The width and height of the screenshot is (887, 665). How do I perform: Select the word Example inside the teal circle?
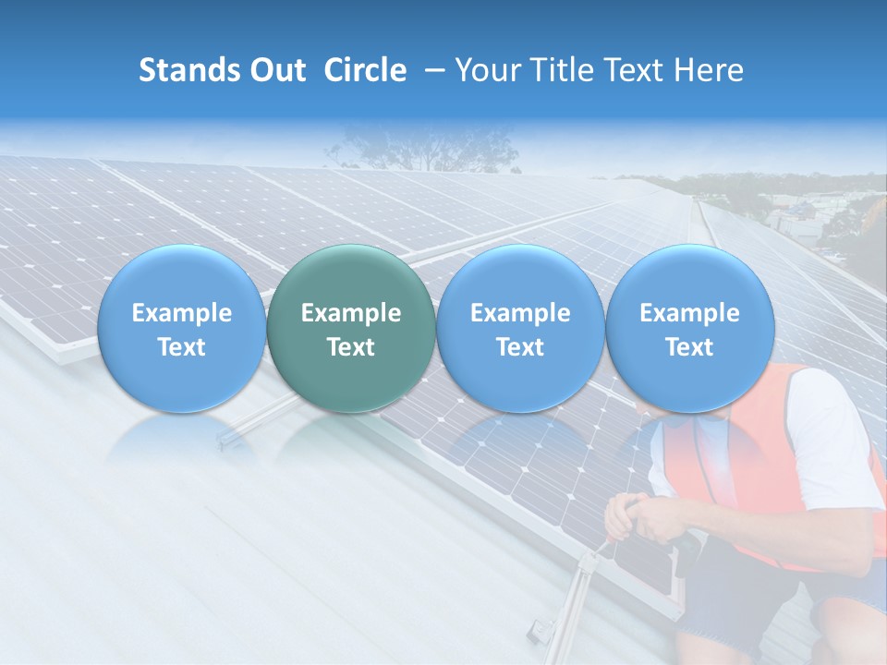tap(351, 313)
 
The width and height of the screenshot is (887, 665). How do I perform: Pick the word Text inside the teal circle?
tap(351, 347)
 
